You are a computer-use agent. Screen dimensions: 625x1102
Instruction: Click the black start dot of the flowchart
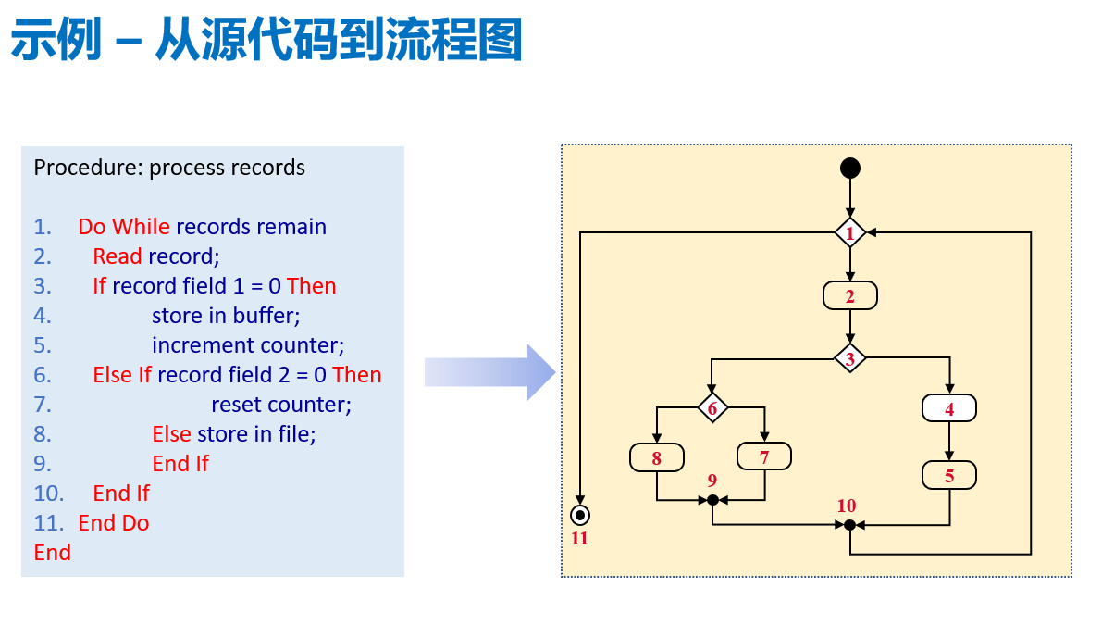pos(849,169)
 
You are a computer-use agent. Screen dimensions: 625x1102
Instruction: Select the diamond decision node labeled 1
pos(849,232)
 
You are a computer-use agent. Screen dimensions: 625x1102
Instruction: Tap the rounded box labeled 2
pos(849,296)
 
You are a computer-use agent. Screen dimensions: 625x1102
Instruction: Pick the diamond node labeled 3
pos(849,357)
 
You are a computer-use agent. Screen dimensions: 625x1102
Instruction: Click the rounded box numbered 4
pos(949,408)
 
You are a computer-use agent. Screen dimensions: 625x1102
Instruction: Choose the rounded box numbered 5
pos(949,476)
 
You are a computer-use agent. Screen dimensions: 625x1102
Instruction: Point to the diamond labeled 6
pos(712,408)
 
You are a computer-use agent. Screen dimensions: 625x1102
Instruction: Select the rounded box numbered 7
pos(764,456)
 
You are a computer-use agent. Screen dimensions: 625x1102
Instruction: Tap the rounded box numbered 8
pos(656,457)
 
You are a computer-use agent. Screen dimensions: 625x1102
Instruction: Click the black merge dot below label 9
pos(712,500)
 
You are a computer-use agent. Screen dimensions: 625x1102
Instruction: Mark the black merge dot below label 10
pos(849,525)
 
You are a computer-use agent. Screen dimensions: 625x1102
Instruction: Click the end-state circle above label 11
pos(580,515)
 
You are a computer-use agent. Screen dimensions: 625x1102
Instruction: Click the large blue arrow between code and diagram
pos(489,372)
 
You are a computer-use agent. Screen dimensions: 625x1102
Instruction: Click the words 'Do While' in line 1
pos(124,227)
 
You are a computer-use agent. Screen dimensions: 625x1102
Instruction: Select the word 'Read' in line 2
pos(118,256)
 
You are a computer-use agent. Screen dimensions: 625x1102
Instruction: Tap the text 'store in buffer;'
pos(227,316)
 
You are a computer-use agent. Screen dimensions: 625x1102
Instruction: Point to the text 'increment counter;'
pos(248,345)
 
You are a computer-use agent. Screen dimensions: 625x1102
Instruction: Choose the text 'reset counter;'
pos(281,405)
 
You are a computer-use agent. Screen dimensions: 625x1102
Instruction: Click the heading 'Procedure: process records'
pos(169,168)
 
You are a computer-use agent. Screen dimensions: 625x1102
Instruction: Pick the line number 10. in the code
pos(48,494)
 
